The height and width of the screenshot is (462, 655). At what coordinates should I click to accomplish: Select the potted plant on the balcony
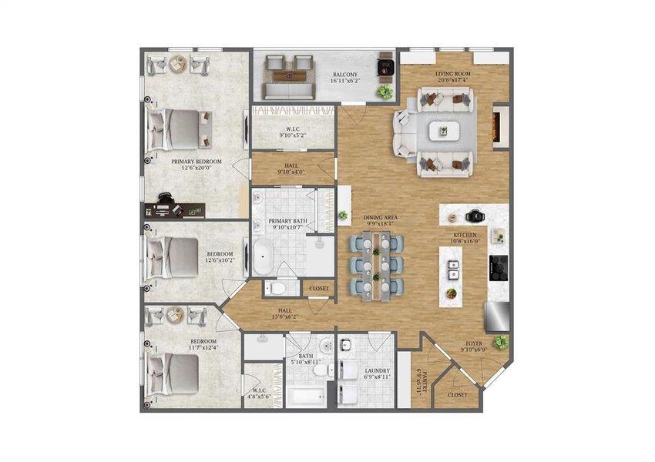(384, 92)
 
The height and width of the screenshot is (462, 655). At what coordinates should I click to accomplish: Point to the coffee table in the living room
(443, 131)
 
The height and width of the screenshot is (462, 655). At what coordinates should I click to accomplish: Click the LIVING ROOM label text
(452, 75)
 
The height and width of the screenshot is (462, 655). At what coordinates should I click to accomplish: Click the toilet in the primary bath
(277, 288)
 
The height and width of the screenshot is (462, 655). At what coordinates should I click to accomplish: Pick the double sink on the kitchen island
(452, 269)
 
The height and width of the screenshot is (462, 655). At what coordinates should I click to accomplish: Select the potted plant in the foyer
(502, 342)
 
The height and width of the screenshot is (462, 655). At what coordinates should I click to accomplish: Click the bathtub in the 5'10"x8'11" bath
(305, 398)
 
